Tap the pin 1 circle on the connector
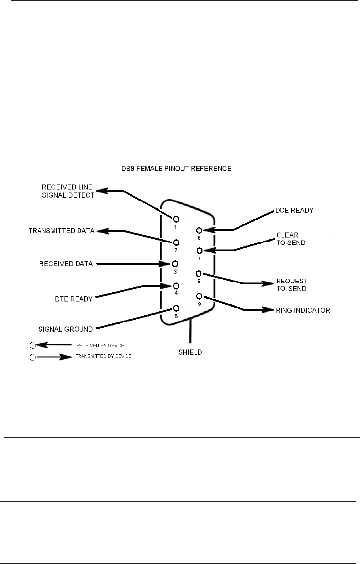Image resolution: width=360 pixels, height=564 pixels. click(x=176, y=218)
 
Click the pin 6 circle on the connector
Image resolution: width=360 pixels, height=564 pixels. click(x=199, y=230)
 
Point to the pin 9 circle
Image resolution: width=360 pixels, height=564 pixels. click(x=199, y=297)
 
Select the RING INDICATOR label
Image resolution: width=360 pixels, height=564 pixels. click(x=303, y=311)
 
